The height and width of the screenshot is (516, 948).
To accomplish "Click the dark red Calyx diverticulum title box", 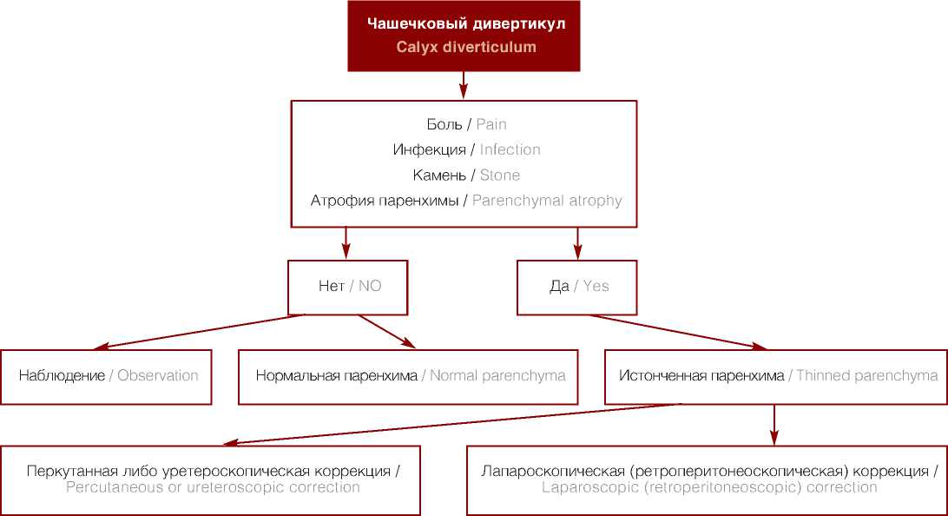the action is (464, 36).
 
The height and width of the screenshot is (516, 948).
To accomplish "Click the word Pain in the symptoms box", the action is (491, 125).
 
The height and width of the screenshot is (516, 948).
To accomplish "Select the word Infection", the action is (510, 150).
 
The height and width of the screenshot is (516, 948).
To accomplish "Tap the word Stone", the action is (500, 175).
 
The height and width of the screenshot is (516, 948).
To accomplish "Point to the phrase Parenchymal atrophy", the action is (547, 201).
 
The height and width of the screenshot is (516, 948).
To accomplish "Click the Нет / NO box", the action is (348, 287).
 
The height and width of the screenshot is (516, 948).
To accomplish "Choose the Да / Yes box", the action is (578, 287).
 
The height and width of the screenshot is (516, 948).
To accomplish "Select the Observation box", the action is (106, 377).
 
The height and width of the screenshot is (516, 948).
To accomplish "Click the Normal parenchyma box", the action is (409, 377).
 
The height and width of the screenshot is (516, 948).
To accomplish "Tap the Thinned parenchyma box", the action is (776, 377).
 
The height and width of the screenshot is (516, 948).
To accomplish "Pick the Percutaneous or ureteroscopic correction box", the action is (211, 480).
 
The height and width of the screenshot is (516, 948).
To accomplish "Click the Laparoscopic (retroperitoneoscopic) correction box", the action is (708, 480).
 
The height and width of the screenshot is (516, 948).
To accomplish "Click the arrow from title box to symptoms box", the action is (464, 85).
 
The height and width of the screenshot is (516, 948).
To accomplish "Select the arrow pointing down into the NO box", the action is (346, 243).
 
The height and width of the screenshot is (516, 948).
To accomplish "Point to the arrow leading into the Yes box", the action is (578, 243).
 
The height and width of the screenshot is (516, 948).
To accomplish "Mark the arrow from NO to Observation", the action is (200, 331).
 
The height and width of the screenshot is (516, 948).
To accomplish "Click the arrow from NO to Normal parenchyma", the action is (387, 331).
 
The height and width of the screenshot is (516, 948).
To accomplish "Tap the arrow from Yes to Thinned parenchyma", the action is (677, 331).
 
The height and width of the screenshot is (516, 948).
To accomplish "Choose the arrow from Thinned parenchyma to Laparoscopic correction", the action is (774, 424).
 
